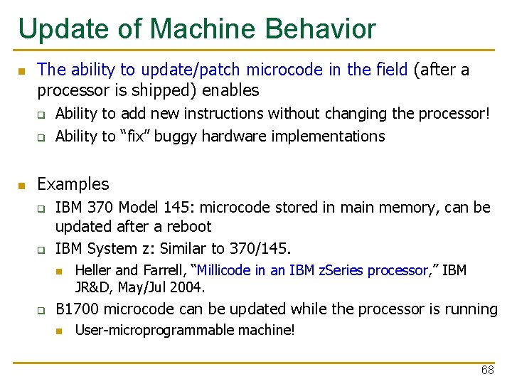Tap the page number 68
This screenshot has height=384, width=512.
487,370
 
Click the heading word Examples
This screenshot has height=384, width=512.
73,184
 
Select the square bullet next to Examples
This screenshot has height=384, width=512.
21,186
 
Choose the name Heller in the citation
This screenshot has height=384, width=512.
93,270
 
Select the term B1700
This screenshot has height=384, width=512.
78,309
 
